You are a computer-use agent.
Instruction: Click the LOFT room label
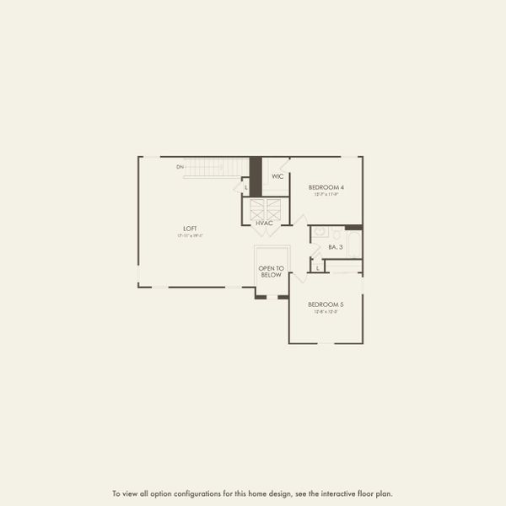tap(191, 229)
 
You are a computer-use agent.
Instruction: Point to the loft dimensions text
tap(191, 236)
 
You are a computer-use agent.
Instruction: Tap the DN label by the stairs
tap(180, 167)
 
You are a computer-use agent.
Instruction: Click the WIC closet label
tap(277, 177)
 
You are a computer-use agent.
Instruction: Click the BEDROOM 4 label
tap(326, 186)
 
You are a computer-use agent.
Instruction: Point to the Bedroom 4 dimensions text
tap(326, 194)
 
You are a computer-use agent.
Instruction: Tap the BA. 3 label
tap(335, 247)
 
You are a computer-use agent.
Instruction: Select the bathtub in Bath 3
tap(353, 245)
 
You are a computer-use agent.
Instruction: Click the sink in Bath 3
tap(320, 232)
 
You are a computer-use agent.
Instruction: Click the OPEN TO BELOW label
tap(272, 272)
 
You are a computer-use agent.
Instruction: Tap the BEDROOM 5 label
tap(326, 304)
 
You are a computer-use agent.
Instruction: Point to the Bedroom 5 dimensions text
tap(326, 311)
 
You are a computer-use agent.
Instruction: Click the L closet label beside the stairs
tap(246, 187)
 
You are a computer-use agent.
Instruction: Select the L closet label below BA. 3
tap(317, 268)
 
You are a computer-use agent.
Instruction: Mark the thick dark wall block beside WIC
tap(256, 176)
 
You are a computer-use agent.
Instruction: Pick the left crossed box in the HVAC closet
tap(256, 208)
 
